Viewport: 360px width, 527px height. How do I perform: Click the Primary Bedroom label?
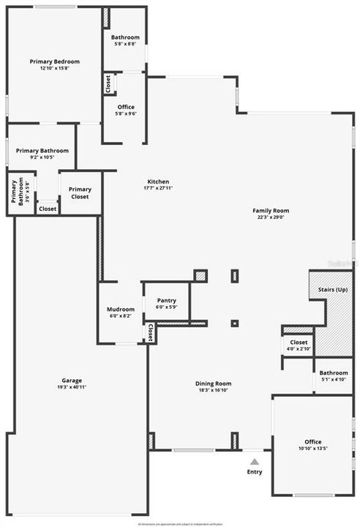coord(54,61)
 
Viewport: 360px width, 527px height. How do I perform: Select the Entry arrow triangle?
coord(254,462)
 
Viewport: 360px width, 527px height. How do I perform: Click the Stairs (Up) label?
coord(333,290)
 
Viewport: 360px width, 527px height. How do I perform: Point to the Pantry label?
coord(167,300)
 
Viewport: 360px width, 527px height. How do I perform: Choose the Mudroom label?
coord(121,310)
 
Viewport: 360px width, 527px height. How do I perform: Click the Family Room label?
coord(271,210)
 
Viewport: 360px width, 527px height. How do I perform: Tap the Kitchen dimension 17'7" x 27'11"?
coord(159,188)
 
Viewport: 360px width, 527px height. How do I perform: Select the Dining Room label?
coord(213,384)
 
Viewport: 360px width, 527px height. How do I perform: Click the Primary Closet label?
coord(80,193)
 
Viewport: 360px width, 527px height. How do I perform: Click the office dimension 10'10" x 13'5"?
coord(313,449)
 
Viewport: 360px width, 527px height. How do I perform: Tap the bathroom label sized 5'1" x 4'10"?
coord(334,379)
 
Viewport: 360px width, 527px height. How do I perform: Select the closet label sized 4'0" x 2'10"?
coord(299,349)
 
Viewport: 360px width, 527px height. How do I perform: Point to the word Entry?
coord(255,472)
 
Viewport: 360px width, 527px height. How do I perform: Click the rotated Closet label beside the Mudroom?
coord(149,333)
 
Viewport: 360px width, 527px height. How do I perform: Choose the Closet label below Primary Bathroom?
coord(48,209)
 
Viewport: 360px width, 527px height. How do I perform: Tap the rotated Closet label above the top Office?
coord(108,84)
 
